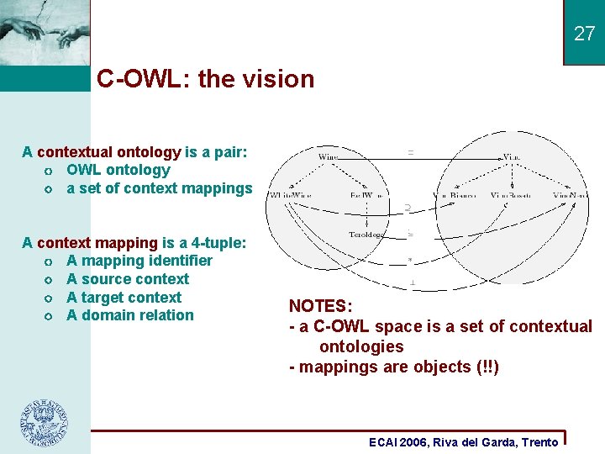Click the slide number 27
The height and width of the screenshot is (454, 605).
click(584, 34)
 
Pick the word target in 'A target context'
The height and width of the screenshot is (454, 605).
click(108, 298)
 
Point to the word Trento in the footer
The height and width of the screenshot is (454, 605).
click(539, 442)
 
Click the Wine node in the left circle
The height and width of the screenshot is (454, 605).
click(328, 156)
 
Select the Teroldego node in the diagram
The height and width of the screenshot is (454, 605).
click(366, 235)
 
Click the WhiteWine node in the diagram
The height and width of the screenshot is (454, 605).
click(291, 195)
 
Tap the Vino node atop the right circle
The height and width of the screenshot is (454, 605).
click(513, 156)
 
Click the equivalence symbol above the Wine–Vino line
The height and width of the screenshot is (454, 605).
click(410, 151)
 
